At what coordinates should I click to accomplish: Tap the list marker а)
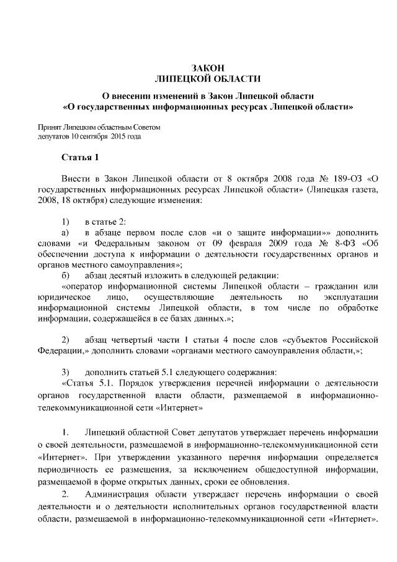coord(65,232)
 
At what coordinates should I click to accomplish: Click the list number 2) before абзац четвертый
coord(65,340)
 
